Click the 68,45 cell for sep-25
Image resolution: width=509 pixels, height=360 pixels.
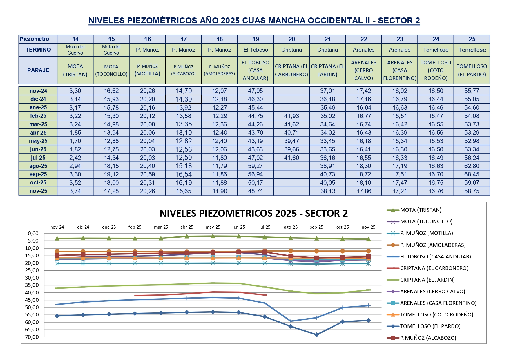472,174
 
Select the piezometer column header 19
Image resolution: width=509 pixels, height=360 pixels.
256,39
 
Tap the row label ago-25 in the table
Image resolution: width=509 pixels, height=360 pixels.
38,166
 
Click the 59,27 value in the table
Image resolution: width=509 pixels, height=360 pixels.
256,166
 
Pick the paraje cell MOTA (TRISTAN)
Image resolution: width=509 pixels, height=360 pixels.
75,70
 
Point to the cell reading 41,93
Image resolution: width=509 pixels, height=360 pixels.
291,116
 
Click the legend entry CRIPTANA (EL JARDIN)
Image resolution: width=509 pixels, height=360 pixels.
427,280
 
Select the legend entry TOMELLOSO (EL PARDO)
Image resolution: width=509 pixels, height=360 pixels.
430,326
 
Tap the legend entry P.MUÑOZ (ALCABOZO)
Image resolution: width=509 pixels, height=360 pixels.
428,338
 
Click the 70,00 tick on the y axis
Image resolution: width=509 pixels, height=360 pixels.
32,337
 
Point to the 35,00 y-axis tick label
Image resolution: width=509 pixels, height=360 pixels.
32,285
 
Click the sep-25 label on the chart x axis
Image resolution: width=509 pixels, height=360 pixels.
316,227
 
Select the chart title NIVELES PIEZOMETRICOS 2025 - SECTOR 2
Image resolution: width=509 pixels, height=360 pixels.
253,214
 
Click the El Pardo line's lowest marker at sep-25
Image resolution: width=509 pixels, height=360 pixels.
317,334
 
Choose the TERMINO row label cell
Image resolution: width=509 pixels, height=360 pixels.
38,50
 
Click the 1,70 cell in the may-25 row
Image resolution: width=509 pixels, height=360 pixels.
75,141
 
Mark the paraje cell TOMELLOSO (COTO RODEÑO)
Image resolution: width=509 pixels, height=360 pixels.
436,70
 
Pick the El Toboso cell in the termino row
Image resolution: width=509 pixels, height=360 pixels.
256,50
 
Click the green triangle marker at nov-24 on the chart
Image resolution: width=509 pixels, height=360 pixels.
57,238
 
